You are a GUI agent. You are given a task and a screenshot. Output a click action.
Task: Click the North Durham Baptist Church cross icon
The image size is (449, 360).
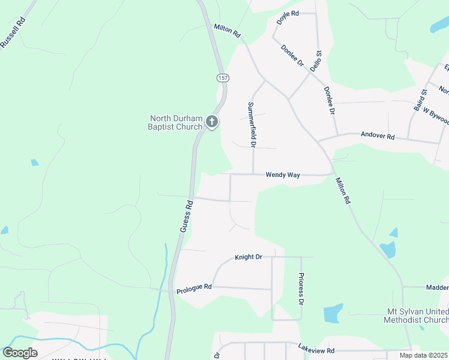(x=211, y=122)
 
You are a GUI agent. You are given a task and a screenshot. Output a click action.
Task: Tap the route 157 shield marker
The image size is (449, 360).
(x=223, y=78)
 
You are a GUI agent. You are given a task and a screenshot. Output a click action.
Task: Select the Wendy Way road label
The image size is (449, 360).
(x=283, y=175)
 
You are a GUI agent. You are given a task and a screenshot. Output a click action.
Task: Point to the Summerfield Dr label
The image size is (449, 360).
(x=252, y=125)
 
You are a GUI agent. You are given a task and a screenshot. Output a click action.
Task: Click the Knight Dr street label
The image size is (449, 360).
(x=249, y=257)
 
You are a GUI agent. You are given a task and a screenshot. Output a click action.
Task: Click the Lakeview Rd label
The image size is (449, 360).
(x=316, y=348)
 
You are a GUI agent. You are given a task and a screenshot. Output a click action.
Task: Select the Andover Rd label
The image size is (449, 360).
(x=377, y=136)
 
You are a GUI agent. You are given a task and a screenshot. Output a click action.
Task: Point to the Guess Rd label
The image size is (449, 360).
(x=187, y=216)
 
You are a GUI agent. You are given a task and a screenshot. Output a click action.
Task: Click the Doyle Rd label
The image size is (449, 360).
(x=288, y=17)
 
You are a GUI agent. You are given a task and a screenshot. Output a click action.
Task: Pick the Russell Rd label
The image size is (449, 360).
(x=14, y=32)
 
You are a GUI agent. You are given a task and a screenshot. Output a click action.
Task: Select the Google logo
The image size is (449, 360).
(x=20, y=353)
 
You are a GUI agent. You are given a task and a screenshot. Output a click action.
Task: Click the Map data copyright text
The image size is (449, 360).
(x=423, y=355)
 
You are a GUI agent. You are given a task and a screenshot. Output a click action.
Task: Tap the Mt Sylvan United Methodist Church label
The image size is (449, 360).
(x=415, y=316)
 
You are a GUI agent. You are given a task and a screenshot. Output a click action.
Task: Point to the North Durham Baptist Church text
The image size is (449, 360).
(x=176, y=122)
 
